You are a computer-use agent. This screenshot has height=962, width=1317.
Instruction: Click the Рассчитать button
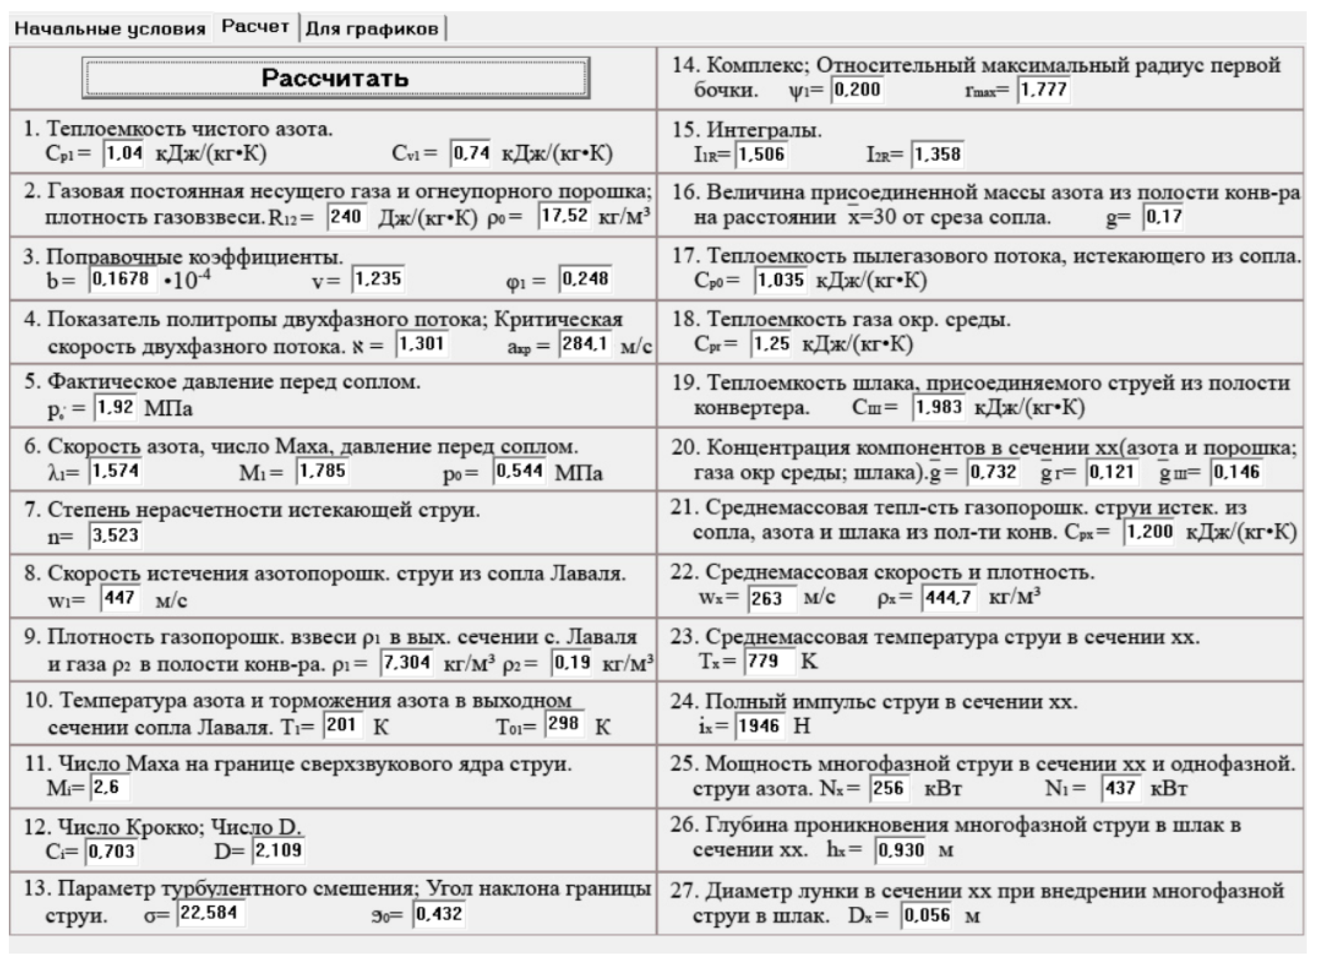335,78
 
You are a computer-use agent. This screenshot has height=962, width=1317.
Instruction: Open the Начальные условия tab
110,29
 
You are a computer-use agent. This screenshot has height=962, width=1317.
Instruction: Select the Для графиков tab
372,29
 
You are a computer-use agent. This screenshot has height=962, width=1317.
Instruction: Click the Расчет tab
255,27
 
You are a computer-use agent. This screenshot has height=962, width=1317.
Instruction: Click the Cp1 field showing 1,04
124,154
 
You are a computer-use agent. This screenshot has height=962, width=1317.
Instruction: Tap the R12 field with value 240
347,217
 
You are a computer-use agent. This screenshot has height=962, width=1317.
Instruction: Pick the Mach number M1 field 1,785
322,470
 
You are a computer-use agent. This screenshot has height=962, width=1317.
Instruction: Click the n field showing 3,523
115,534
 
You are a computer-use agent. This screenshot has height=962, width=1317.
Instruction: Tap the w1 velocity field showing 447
121,598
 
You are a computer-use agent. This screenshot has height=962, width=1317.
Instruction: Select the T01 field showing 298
563,724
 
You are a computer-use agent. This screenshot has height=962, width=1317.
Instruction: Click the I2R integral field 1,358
937,154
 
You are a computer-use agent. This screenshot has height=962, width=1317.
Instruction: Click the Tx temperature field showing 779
768,662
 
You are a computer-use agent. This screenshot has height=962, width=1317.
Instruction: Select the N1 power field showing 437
1120,789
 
